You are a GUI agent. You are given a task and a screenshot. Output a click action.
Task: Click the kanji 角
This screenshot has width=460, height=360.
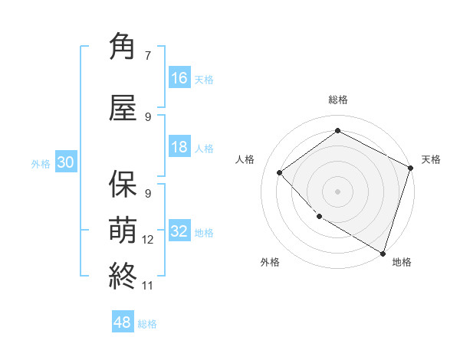[123, 47]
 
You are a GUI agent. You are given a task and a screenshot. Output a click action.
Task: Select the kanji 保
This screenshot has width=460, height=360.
[123, 185]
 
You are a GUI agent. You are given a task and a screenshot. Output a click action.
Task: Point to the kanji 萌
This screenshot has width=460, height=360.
[123, 229]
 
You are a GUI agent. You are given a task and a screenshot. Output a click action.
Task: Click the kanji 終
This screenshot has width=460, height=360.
[123, 274]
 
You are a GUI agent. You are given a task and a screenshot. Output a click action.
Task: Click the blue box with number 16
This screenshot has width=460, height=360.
[179, 78]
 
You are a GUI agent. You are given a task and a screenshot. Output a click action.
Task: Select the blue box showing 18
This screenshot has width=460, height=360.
[179, 147]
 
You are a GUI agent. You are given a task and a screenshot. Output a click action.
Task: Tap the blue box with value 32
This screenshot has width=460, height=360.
[179, 231]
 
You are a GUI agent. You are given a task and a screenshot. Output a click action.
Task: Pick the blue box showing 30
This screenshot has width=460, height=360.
[65, 162]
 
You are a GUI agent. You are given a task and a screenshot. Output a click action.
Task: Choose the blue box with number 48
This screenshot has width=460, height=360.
[123, 322]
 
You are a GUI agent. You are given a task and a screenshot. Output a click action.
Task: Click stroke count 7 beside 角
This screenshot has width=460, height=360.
[147, 55]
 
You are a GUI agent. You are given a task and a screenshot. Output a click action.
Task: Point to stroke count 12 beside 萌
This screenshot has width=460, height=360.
[148, 239]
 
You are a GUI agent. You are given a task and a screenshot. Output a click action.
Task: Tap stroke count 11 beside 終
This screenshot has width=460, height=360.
[148, 285]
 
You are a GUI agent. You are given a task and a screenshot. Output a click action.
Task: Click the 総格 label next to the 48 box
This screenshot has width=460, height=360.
[147, 324]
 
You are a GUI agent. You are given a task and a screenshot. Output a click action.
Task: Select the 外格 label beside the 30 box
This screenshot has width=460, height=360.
[40, 163]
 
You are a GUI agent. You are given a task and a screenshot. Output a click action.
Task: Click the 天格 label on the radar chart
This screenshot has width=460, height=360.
[431, 159]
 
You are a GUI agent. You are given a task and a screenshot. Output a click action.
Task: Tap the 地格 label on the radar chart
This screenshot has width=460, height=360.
[402, 262]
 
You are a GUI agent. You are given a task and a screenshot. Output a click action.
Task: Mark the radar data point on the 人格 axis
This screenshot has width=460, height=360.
[280, 172]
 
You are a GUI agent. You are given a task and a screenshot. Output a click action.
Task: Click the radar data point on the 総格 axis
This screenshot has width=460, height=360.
[337, 131]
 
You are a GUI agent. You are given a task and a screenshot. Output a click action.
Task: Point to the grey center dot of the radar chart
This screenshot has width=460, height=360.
[337, 191]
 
